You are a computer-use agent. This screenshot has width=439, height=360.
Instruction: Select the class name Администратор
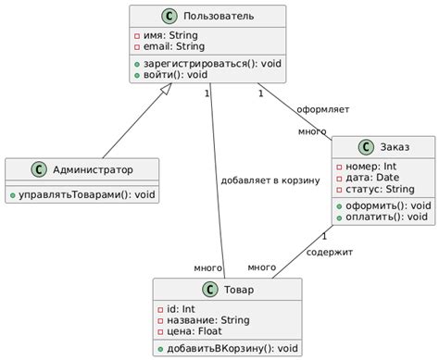(x=92, y=170)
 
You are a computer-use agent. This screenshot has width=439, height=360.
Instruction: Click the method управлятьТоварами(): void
(x=82, y=195)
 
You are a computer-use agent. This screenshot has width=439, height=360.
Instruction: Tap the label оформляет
(x=322, y=109)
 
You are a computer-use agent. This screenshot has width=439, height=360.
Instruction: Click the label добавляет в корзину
(x=270, y=180)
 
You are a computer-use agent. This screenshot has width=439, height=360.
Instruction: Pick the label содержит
(x=329, y=251)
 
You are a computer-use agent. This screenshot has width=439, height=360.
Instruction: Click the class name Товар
(x=239, y=291)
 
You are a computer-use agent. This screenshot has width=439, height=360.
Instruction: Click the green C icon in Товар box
(x=208, y=291)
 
